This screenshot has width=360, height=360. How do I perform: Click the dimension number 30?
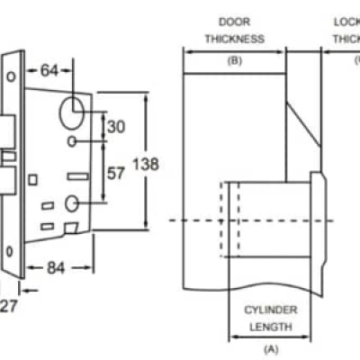click(115, 127)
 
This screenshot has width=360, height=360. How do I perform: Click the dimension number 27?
click(8, 306)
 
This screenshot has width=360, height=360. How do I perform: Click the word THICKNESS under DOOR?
click(234, 39)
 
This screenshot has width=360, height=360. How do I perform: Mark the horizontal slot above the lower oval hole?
click(74, 173)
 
